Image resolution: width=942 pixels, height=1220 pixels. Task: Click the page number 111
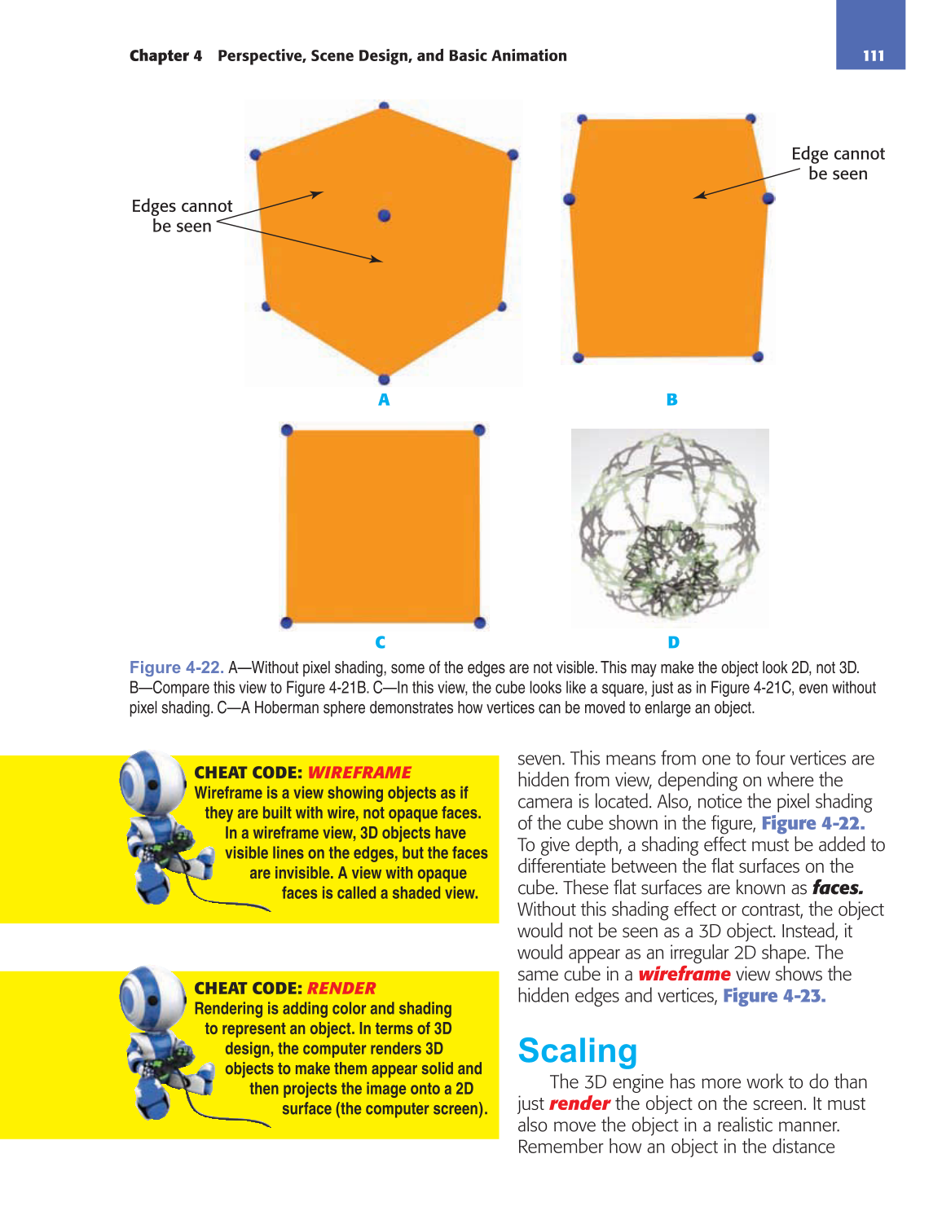pyautogui.click(x=873, y=55)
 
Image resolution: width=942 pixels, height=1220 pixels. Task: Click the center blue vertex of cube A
pyautogui.click(x=385, y=215)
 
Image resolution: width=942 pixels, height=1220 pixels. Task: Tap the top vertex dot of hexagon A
pyautogui.click(x=384, y=106)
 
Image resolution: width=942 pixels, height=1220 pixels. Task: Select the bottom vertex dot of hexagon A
pyautogui.click(x=384, y=379)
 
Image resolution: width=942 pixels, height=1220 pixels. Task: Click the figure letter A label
pyautogui.click(x=384, y=399)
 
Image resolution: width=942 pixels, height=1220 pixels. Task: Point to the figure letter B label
pyautogui.click(x=671, y=399)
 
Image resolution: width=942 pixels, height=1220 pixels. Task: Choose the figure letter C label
pyautogui.click(x=380, y=642)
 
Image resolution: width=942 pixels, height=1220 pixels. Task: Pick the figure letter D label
pyautogui.click(x=673, y=642)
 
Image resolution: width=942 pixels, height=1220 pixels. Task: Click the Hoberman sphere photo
pyautogui.click(x=670, y=528)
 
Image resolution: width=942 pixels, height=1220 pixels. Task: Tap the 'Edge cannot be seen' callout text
pyautogui.click(x=838, y=164)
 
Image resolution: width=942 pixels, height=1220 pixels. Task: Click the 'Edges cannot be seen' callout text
pyautogui.click(x=182, y=216)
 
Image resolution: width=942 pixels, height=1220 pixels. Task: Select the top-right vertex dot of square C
pyautogui.click(x=479, y=429)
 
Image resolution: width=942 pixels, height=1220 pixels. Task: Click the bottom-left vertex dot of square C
pyautogui.click(x=286, y=623)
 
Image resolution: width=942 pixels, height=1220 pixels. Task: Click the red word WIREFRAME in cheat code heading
pyautogui.click(x=359, y=773)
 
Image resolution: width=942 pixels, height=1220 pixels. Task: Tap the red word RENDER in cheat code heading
pyautogui.click(x=341, y=989)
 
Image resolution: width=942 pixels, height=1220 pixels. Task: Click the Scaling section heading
pyautogui.click(x=578, y=1050)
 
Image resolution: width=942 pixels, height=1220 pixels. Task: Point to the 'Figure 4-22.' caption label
pyautogui.click(x=176, y=667)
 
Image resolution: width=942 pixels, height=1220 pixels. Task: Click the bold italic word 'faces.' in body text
pyautogui.click(x=838, y=887)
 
